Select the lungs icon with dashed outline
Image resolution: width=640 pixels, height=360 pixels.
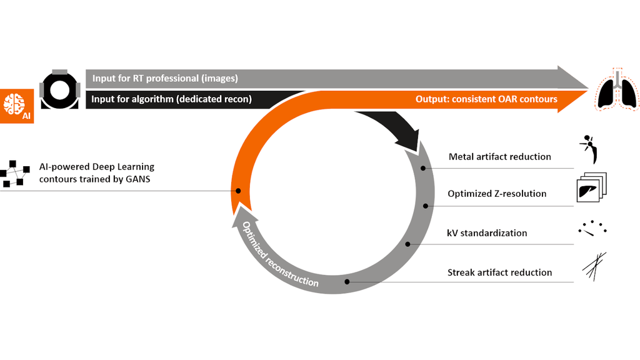[617, 92]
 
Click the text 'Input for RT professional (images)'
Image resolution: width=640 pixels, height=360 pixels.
[165, 79]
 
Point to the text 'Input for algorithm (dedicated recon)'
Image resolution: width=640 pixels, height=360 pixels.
[172, 99]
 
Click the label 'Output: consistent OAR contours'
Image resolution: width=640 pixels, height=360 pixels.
[486, 99]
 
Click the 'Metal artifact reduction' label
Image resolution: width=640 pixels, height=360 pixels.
[499, 156]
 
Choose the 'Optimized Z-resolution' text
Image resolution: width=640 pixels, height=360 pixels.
[497, 194]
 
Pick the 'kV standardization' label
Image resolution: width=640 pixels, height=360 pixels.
[487, 233]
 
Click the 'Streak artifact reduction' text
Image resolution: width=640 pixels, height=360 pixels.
[499, 272]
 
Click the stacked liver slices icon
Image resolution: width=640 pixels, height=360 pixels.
[590, 187]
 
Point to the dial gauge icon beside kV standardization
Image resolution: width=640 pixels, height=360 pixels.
[592, 228]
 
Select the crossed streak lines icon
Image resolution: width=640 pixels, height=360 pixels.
[593, 265]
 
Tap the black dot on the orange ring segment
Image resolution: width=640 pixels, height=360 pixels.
[238, 191]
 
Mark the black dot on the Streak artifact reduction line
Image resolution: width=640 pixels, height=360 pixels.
[347, 282]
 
